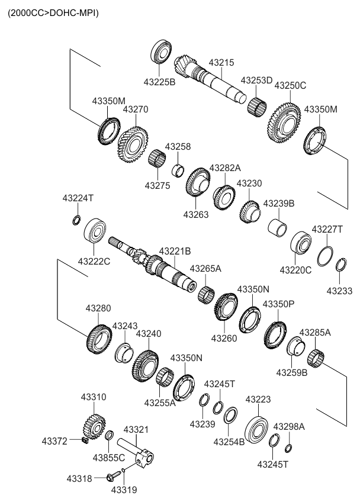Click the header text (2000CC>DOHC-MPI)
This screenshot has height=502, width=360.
click(53, 12)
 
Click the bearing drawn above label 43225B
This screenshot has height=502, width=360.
click(161, 51)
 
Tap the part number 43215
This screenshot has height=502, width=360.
click(221, 62)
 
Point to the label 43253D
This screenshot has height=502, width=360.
click(256, 80)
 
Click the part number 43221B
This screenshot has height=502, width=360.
click(175, 251)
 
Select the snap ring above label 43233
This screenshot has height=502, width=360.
click(340, 265)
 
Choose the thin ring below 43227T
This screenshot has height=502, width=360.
click(324, 256)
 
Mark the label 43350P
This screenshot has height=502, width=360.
click(278, 304)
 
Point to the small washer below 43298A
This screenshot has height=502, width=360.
click(288, 447)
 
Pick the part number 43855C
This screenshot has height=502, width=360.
click(109, 458)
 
